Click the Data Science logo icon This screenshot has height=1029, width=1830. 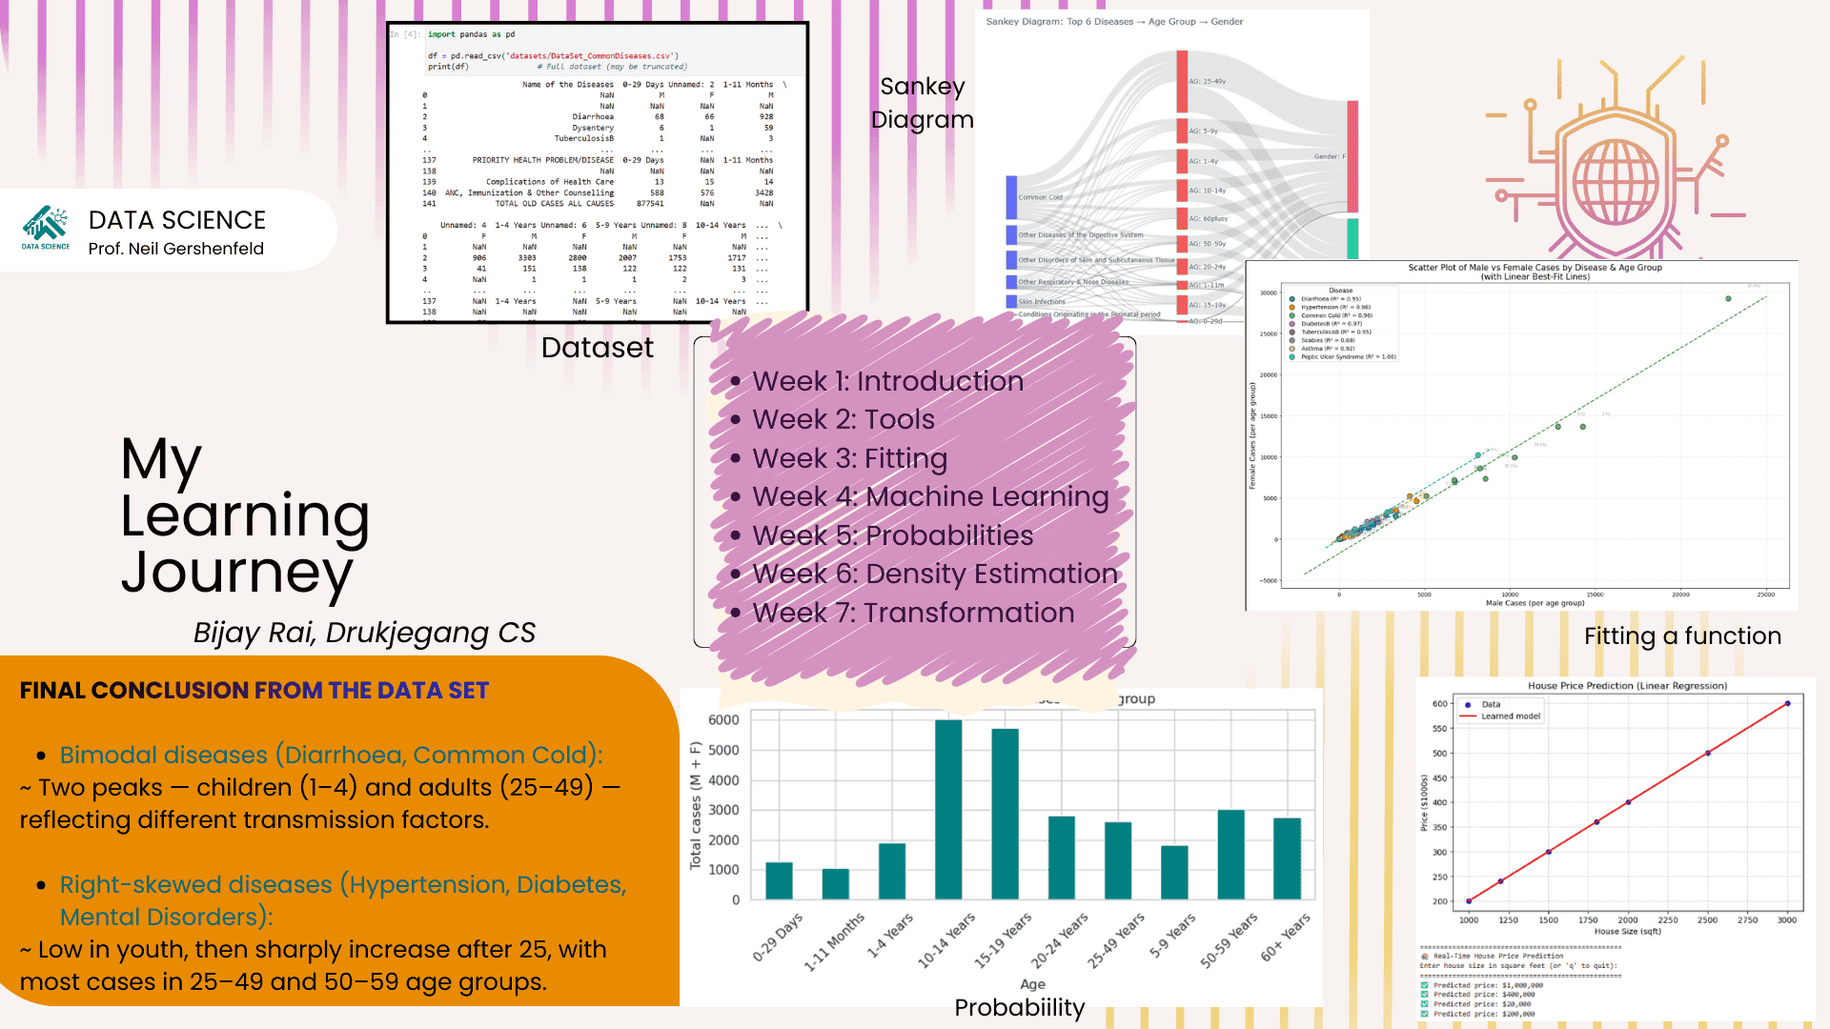[46, 225]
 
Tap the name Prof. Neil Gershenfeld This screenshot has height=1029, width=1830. [176, 249]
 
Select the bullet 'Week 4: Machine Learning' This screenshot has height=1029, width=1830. [930, 496]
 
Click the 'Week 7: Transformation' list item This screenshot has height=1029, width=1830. [913, 613]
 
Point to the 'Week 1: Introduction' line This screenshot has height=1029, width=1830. [887, 381]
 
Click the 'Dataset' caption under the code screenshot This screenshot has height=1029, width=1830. [598, 348]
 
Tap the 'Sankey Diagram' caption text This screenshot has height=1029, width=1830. [923, 103]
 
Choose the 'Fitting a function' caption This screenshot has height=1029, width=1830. [1682, 636]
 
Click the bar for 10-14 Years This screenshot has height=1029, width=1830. [948, 810]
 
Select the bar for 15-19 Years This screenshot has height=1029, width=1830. [1005, 815]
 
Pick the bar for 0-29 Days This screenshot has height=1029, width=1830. [779, 880]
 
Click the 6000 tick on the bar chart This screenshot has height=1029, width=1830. [723, 720]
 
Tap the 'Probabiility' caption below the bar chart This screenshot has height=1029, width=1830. [1020, 1007]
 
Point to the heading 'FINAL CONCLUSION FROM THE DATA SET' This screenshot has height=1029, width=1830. [254, 691]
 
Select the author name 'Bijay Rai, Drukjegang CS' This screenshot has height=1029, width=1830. [364, 633]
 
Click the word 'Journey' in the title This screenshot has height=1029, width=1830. [236, 573]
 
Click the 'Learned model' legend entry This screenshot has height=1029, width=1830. [1510, 716]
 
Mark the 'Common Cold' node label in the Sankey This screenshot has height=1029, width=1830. [1040, 197]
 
